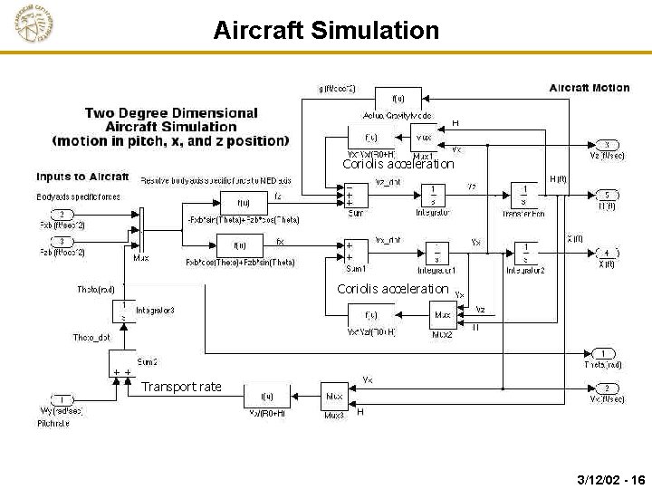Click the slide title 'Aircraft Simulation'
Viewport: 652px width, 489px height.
pos(326,31)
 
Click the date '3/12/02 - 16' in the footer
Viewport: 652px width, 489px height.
pos(610,478)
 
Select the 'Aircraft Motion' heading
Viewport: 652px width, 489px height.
pos(590,88)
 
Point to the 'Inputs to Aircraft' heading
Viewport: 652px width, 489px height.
pos(82,176)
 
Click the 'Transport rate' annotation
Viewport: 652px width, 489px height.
pos(181,387)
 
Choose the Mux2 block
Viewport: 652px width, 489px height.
pos(442,315)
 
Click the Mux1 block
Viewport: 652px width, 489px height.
pos(424,138)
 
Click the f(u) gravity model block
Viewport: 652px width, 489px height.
pos(398,98)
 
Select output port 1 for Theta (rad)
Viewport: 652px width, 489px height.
pos(603,353)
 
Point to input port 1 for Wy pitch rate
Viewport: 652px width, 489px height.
pos(62,399)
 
